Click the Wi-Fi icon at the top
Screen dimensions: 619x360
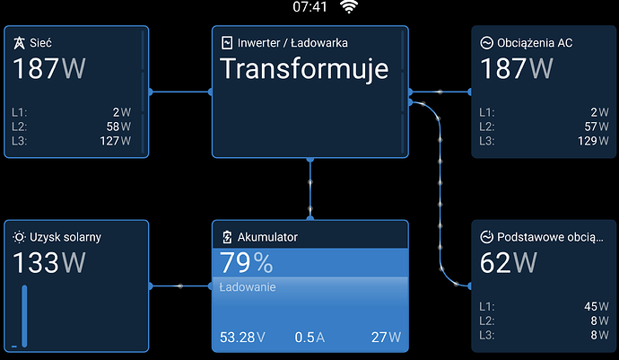tap(349, 6)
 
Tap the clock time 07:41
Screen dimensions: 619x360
tap(309, 6)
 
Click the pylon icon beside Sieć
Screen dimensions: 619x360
tap(19, 43)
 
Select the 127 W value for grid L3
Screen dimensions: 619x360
tap(115, 141)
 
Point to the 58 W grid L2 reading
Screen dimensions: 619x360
tap(118, 127)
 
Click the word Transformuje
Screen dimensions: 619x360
tap(304, 69)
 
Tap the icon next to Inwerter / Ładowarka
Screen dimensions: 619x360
tap(227, 43)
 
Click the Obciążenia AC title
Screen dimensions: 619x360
tap(535, 43)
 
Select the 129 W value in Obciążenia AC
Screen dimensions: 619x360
tap(593, 141)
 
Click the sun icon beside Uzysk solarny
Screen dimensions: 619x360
tap(19, 237)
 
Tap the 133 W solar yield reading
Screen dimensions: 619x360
tap(49, 263)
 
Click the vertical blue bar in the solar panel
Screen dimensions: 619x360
tap(24, 316)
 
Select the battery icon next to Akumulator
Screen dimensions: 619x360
tap(227, 237)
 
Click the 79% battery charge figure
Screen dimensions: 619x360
tap(247, 263)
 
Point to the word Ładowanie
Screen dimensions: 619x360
tap(248, 287)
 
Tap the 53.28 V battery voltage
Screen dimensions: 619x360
tap(242, 337)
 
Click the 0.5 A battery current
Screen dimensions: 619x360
tap(309, 337)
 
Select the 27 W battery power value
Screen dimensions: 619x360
tap(386, 337)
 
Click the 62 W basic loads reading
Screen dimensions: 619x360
tap(509, 263)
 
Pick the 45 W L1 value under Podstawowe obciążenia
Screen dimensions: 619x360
tap(597, 306)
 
